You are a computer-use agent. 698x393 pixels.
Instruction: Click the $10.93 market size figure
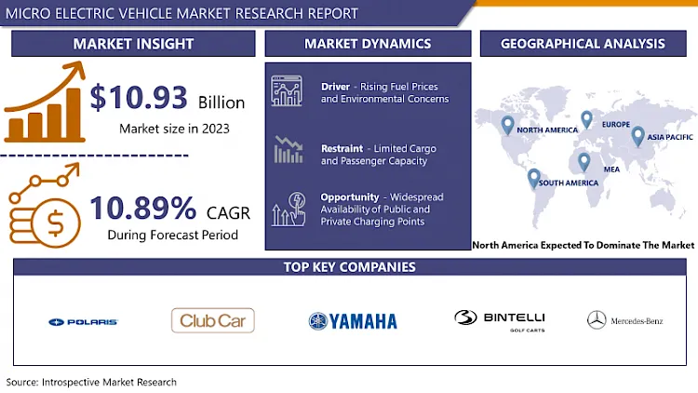[x=140, y=98]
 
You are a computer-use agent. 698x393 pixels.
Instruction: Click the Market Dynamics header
[x=368, y=44]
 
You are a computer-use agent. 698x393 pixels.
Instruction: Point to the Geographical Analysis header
[x=583, y=44]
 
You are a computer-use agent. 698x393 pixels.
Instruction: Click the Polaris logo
[x=83, y=321]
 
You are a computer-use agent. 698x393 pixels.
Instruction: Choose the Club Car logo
[x=213, y=321]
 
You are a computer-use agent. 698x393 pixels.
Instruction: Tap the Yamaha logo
[x=353, y=321]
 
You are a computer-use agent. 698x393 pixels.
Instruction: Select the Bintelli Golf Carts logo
[x=500, y=319]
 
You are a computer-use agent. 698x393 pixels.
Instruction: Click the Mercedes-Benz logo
[x=624, y=321]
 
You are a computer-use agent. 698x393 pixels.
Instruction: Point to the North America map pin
[x=507, y=123]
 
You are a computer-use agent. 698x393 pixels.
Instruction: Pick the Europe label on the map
[x=615, y=124]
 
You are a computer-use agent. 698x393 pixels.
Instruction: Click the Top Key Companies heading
[x=350, y=267]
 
